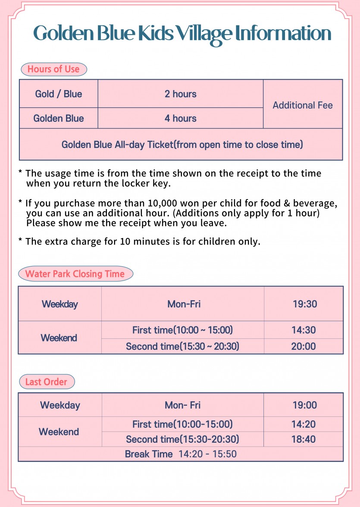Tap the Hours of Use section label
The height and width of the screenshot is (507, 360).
[x=53, y=69]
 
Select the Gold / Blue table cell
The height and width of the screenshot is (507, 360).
[x=59, y=94]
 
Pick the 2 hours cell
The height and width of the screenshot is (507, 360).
[x=180, y=94]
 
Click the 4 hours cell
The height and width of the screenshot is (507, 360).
[x=180, y=118]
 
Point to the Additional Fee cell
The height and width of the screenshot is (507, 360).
[x=303, y=105]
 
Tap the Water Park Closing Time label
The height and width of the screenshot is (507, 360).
[x=75, y=274]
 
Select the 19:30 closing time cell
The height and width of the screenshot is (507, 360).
[x=304, y=304]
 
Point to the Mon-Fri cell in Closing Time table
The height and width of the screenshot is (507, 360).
[x=184, y=304]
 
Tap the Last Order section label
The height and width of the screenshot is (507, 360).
[x=46, y=382]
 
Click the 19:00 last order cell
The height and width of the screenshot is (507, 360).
[x=304, y=405]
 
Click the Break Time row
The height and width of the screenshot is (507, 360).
[x=181, y=454]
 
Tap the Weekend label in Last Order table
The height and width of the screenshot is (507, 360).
[x=59, y=432]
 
